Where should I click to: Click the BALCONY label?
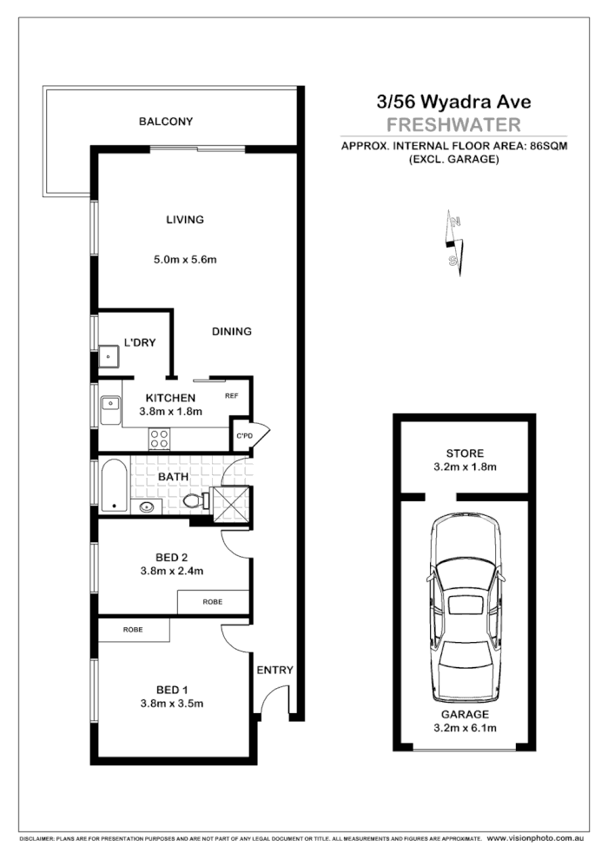[166, 122]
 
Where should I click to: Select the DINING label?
[232, 331]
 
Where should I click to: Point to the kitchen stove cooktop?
[159, 439]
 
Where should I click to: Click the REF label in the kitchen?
[232, 396]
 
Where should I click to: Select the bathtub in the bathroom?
[114, 486]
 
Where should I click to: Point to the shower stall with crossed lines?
[231, 503]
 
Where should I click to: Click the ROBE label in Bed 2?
[213, 601]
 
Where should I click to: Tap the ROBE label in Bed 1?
[133, 629]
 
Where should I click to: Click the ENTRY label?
[274, 670]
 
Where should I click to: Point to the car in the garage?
[466, 608]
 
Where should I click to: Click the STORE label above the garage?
[465, 453]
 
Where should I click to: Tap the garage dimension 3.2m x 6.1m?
[465, 728]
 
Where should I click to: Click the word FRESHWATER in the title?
[453, 123]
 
